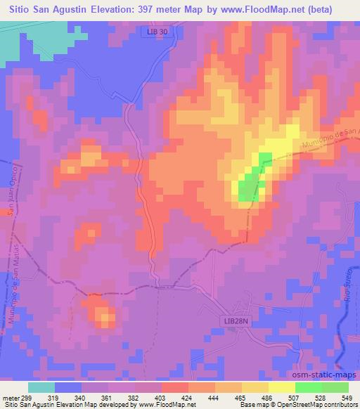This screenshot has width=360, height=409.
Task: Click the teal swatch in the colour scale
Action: coord(41,387)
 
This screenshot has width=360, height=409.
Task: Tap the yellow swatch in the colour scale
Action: coord(281,387)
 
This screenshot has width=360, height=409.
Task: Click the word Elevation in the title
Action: coord(119,8)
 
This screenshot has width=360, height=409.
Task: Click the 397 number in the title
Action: coord(158,8)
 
